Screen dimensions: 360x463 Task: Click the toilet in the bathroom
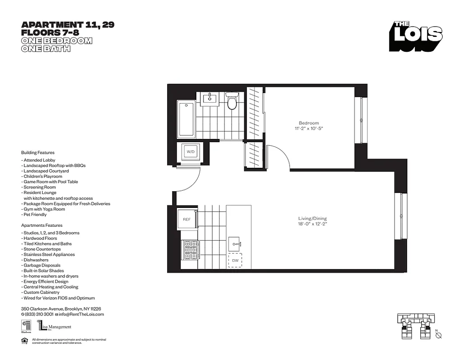click(232, 102)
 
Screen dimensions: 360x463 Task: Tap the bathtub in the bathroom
click(186, 119)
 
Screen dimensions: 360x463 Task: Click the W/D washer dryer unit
click(191, 152)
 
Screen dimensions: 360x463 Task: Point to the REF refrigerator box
click(186, 219)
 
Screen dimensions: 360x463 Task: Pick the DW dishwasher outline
click(235, 261)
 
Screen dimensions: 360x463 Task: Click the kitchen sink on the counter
click(235, 244)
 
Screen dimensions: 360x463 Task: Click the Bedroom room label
click(309, 123)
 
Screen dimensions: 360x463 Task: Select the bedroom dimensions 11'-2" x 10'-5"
click(309, 129)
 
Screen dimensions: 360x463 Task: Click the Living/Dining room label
click(312, 219)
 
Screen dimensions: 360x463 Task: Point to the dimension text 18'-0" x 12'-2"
click(312, 224)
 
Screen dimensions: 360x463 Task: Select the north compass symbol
click(439, 336)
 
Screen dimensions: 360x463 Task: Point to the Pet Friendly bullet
click(34, 215)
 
